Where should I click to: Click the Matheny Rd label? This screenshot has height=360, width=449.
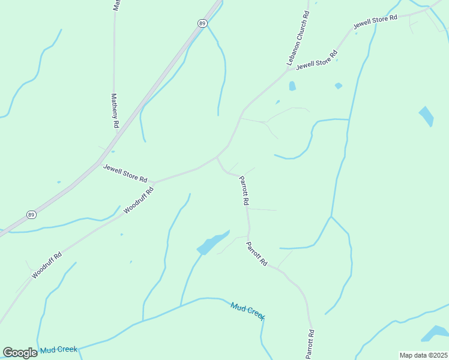(115, 110)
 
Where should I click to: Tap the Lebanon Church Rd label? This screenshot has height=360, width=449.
(298, 37)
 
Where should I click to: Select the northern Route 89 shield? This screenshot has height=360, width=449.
(202, 23)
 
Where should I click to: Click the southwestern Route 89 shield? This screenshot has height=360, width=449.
(31, 215)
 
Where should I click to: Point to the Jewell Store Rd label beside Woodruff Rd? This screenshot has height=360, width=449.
(125, 173)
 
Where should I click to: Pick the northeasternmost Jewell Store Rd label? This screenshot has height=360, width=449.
(375, 22)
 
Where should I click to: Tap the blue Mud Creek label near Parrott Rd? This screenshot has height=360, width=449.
(248, 310)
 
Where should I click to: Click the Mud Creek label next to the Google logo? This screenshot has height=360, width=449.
(59, 349)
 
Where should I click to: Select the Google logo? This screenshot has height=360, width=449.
(20, 353)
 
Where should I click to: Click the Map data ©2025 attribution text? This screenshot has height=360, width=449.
(423, 355)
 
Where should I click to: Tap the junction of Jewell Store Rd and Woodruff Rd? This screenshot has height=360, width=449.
(154, 181)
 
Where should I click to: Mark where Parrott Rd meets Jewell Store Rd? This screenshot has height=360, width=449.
(217, 157)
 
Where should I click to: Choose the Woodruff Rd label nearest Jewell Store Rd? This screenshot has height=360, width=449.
(139, 200)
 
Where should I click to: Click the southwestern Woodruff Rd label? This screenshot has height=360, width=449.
(47, 265)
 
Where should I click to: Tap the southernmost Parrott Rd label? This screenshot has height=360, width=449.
(310, 344)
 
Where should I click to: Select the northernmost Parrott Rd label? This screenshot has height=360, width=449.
(244, 191)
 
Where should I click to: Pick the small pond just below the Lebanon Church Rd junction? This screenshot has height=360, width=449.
(292, 86)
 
